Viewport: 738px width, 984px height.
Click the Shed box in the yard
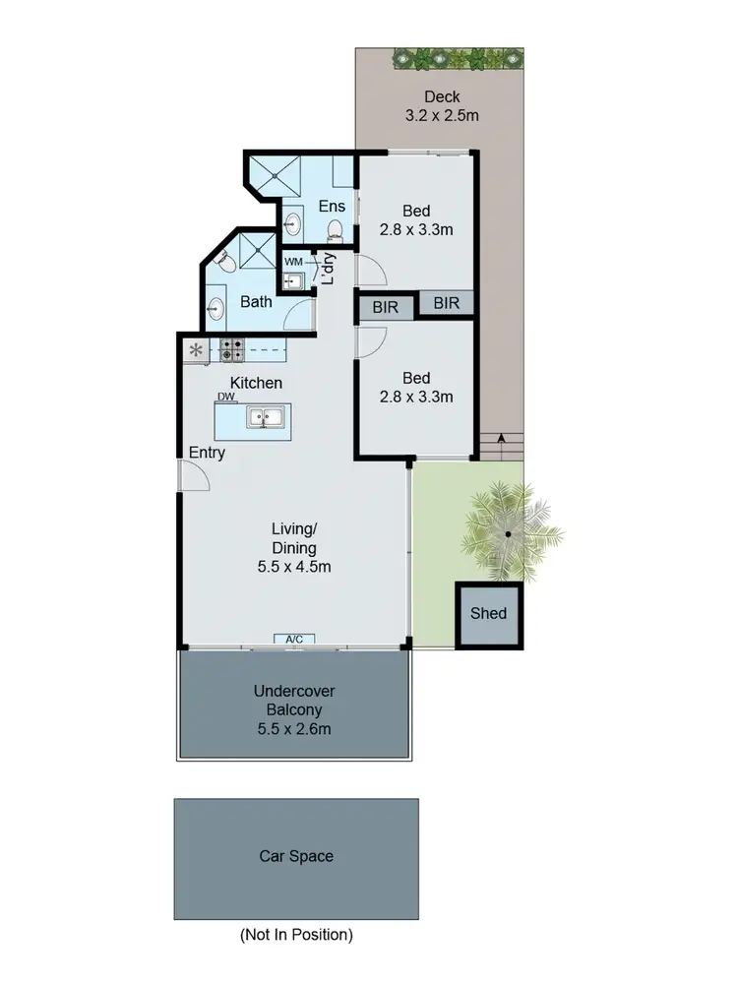488,613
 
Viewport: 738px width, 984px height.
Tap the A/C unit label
294,640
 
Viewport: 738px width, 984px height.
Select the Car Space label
296,856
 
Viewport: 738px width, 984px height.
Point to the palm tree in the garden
509,534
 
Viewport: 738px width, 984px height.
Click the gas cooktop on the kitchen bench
231,348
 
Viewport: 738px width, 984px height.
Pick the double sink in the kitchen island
264,417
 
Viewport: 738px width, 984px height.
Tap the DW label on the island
226,397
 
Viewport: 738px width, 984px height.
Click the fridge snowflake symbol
196,349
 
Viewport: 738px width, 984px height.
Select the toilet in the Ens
335,230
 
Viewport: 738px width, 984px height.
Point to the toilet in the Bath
221,261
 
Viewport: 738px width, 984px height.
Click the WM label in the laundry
293,262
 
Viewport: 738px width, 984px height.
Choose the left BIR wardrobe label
386,307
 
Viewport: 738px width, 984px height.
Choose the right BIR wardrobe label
447,303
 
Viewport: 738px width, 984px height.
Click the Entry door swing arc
194,476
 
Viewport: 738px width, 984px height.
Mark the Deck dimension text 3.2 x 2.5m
442,115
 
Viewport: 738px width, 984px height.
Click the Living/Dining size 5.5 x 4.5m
294,567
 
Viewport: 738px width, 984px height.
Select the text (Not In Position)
296,935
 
